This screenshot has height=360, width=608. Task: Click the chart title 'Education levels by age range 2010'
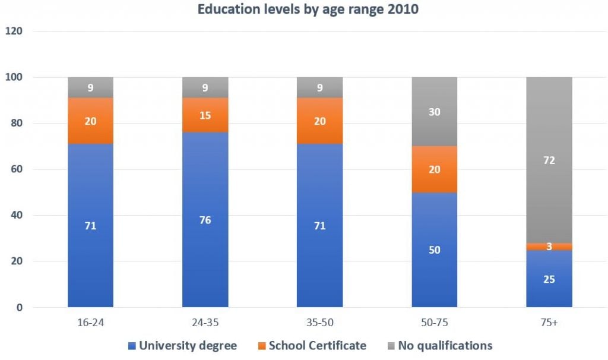coord(303,10)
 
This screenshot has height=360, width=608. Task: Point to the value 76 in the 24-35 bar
coord(205,220)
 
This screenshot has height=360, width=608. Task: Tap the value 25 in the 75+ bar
coord(549,279)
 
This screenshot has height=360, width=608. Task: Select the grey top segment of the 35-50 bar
coord(319,87)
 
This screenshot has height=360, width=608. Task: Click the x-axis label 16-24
coord(90,323)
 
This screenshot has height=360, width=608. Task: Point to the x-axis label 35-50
coord(319,323)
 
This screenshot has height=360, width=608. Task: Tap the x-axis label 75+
coord(549,323)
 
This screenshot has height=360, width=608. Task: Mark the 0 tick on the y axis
coord(19,308)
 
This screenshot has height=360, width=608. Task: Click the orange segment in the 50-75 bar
coord(435,169)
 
